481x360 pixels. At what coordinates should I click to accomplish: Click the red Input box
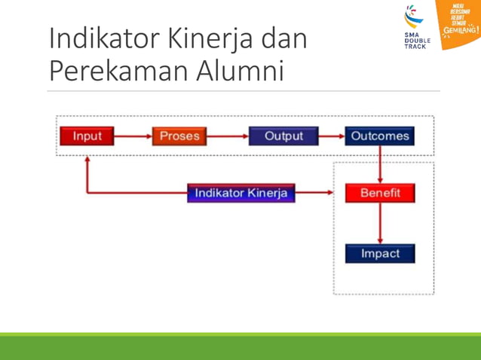87,136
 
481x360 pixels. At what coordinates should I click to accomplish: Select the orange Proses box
179,136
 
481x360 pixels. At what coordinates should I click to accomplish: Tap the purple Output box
283,136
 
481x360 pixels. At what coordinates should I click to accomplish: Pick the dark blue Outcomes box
379,136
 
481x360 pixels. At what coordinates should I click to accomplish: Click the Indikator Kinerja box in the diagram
241,193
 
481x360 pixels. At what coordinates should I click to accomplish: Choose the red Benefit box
380,193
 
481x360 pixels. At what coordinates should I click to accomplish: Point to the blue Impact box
380,254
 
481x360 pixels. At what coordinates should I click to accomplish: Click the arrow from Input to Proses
133,136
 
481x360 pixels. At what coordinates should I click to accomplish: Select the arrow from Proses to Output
227,136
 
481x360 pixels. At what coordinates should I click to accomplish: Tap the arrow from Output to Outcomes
332,136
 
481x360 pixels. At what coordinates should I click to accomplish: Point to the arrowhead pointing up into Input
87,160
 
